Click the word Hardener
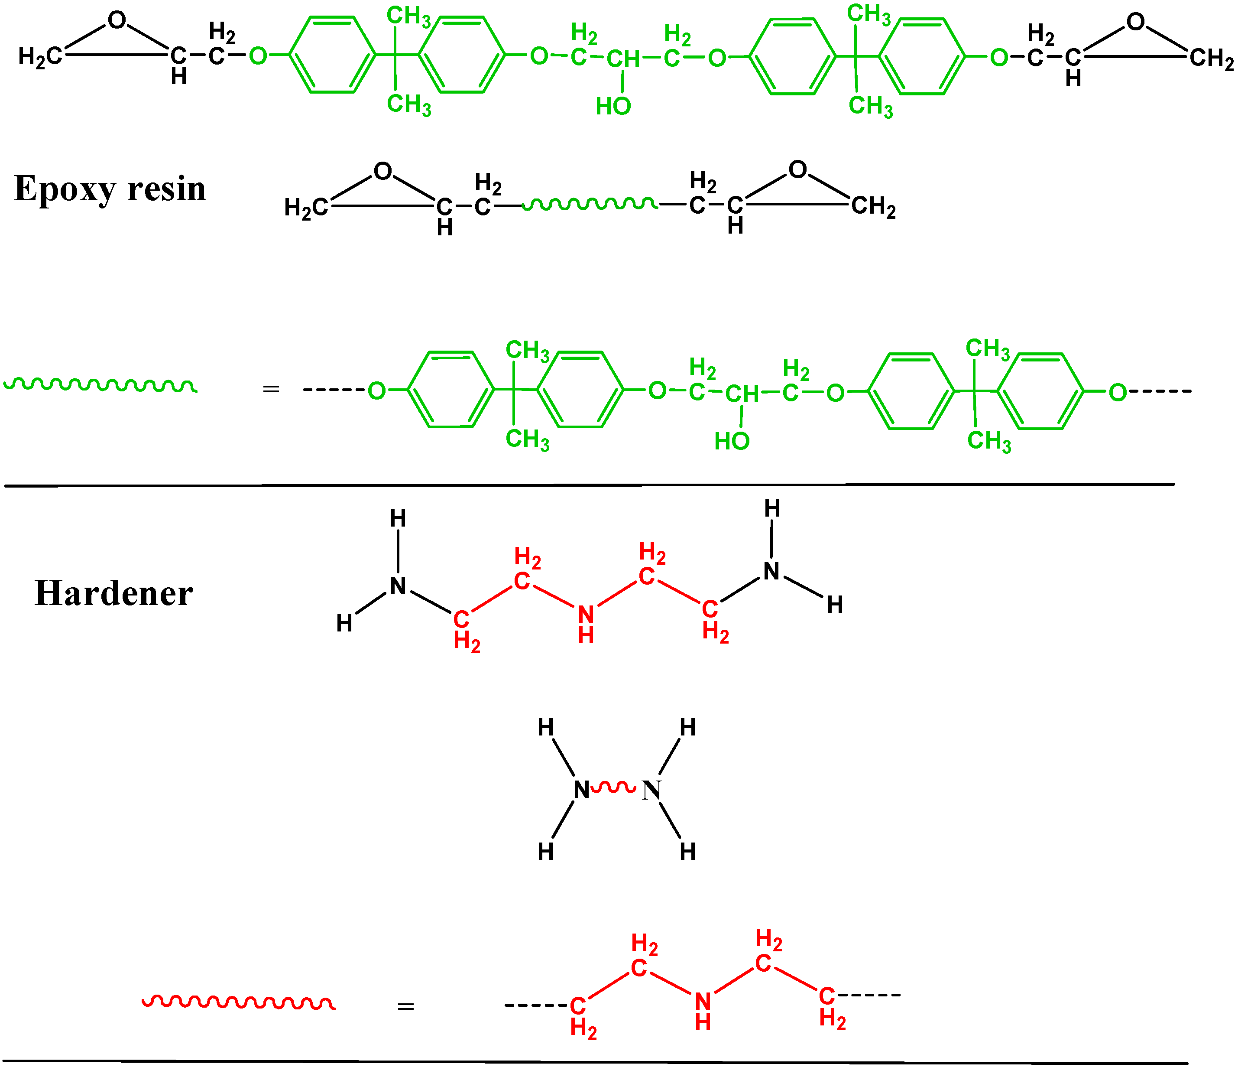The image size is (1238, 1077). coord(114,594)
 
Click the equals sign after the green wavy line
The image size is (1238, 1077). coord(271,390)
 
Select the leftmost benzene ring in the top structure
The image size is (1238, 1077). coord(332,55)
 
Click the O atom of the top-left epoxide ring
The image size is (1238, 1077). coord(117,20)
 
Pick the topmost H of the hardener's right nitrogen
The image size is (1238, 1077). coord(772,509)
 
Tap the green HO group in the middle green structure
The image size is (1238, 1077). coord(732,442)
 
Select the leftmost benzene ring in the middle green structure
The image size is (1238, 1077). coord(450,390)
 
